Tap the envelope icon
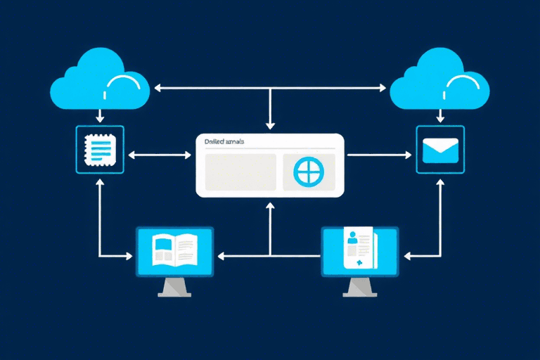point(440,150)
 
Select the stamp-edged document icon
point(99,150)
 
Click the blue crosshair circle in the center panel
point(307,172)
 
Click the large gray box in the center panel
point(240,172)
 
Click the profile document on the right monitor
point(359,250)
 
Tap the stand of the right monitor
point(359,287)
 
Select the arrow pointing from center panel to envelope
point(380,155)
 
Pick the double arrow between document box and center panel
point(159,154)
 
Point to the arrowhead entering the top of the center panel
point(270,126)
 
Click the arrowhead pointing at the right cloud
point(382,88)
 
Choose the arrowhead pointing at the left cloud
point(157,88)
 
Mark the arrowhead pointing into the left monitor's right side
point(219,255)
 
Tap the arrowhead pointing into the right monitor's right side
point(404,254)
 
